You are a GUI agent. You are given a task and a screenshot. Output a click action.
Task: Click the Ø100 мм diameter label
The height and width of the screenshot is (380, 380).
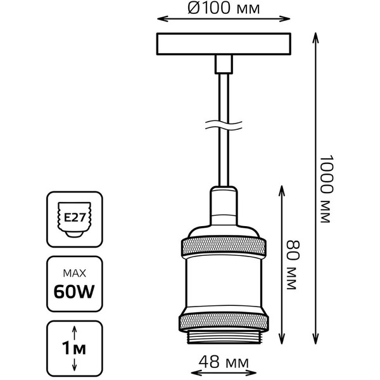tap(224, 9)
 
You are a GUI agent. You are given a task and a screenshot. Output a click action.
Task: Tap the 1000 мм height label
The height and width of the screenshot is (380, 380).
tap(326, 189)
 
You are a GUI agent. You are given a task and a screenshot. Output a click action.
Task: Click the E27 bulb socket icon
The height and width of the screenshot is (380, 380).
tap(75, 219)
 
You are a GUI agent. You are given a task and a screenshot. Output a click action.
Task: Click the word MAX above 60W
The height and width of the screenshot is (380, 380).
tap(75, 274)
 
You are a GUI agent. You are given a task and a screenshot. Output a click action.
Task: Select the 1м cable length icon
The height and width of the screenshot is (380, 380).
tap(75, 348)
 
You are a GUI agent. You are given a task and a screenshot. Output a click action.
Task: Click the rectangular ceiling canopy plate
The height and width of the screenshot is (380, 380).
tap(224, 42)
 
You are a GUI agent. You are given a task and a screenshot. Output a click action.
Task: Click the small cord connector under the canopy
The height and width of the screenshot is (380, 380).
tap(224, 63)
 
